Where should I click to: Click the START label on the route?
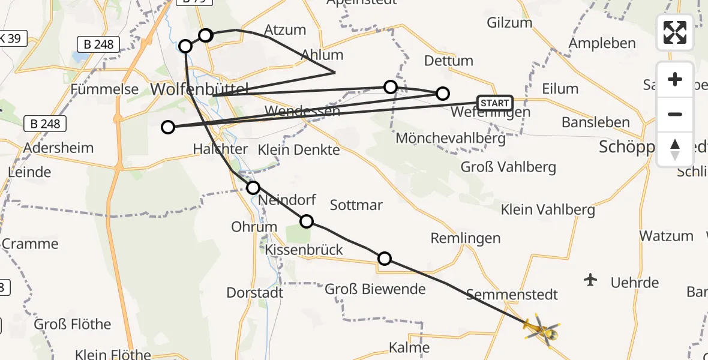[495, 103]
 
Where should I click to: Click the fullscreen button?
[675, 32]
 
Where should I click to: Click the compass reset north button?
[675, 149]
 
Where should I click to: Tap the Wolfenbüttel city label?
[199, 89]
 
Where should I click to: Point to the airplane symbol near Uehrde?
[591, 280]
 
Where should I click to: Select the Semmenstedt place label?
[512, 295]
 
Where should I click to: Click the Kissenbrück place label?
[304, 250]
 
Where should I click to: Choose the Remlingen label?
[466, 238]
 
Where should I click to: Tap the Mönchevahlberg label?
[451, 139]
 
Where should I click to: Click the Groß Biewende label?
[375, 289]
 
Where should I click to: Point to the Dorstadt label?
[254, 293]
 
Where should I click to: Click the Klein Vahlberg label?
[548, 210]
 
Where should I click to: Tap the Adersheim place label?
[59, 148]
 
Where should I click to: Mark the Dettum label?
[449, 61]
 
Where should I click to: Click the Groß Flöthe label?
[73, 325]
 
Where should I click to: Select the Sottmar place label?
[356, 205]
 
